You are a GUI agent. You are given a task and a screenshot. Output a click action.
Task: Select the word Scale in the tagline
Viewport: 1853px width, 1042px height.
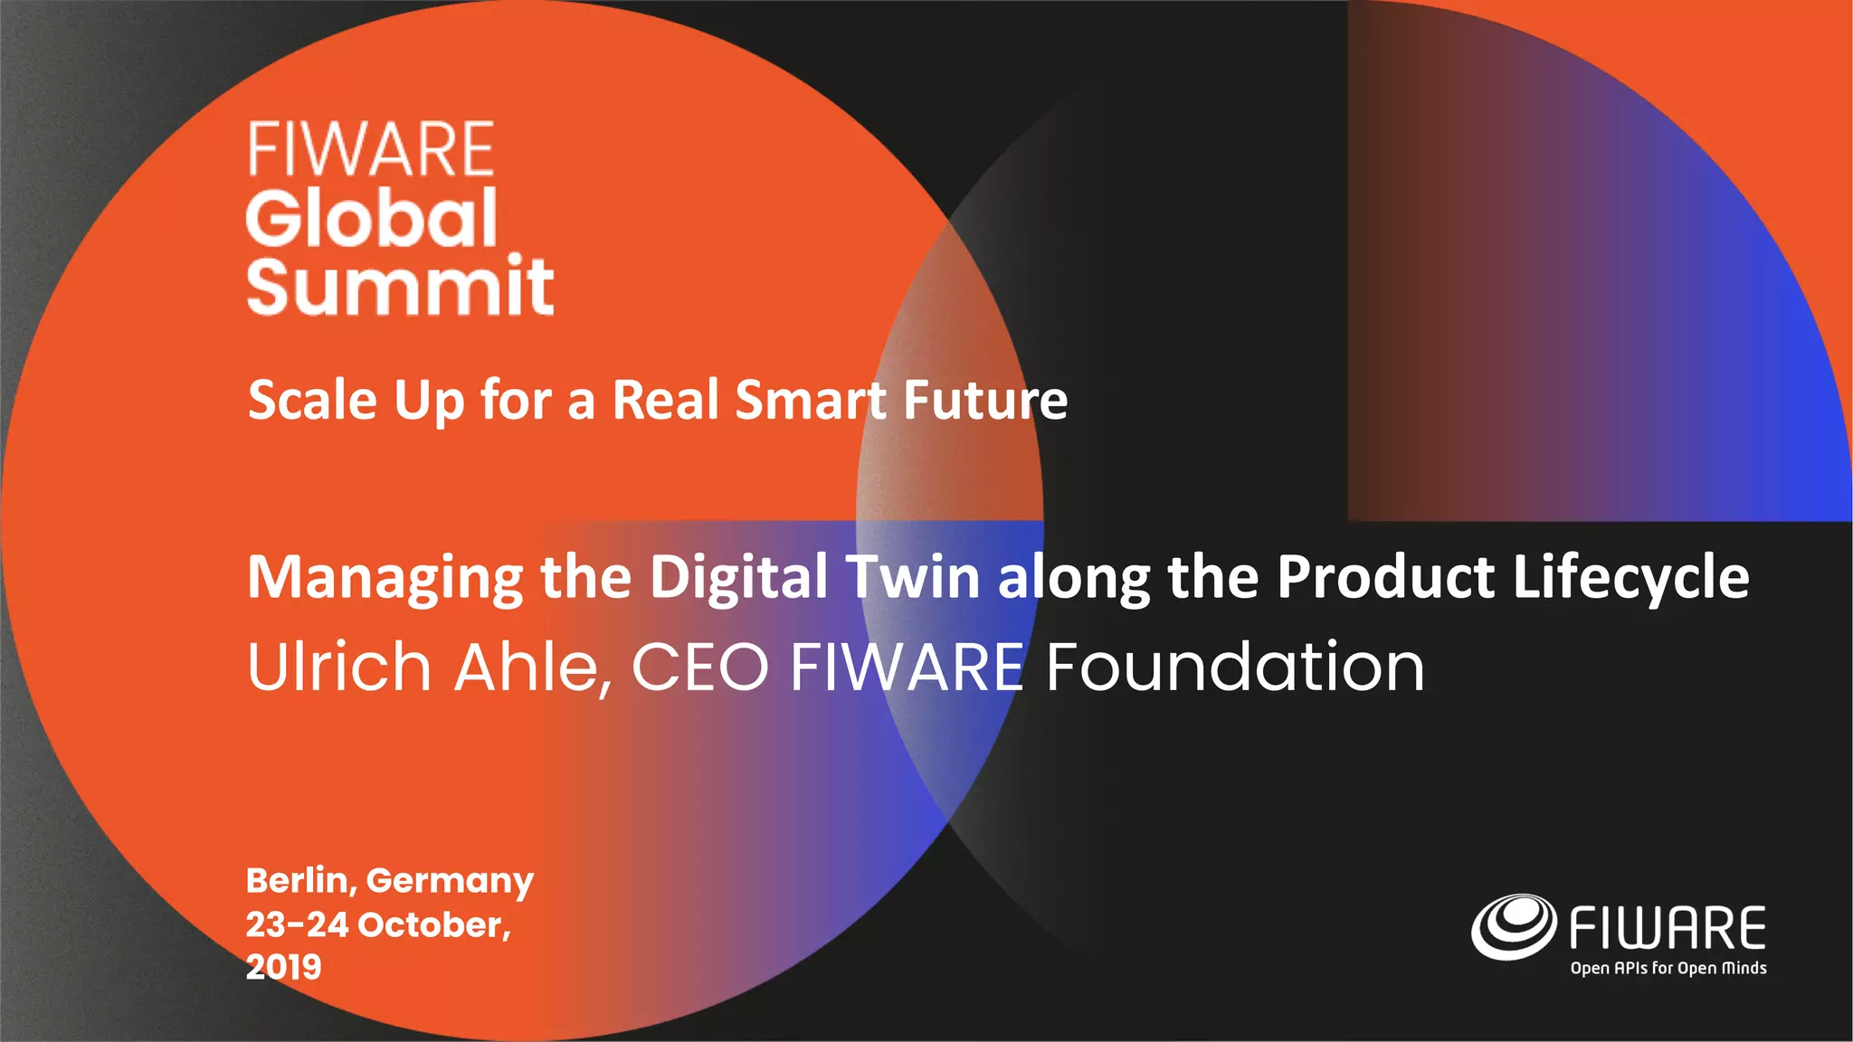click(311, 400)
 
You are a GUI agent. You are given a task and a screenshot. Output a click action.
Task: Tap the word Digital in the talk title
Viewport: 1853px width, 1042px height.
click(738, 577)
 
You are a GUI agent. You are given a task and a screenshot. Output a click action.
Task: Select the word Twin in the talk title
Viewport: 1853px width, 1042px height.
click(912, 577)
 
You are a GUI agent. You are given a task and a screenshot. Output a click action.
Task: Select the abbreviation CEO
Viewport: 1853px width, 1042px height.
click(699, 667)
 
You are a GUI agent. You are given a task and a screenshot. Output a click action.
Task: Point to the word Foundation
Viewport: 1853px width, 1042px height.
click(1235, 667)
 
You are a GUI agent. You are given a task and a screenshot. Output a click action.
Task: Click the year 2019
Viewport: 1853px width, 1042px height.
click(283, 967)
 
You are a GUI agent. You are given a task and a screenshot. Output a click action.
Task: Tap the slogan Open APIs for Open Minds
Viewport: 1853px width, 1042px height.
click(1668, 968)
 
